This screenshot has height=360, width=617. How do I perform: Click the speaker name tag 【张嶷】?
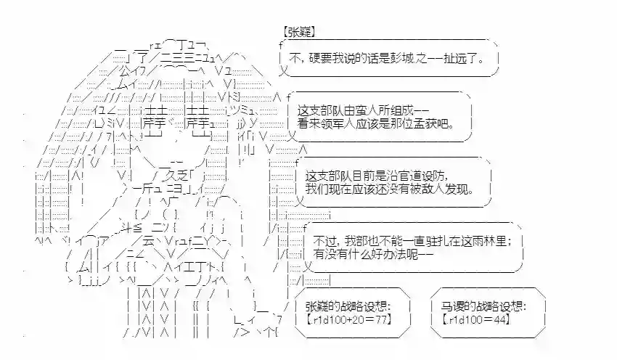298,33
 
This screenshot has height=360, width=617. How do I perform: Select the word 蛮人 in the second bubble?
380,111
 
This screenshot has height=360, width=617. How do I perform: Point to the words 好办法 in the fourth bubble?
385,255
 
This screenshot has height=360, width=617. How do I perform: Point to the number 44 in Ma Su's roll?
498,319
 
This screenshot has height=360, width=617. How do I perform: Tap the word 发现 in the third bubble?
465,189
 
